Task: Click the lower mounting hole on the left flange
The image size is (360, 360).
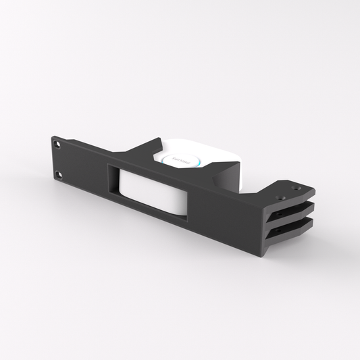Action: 58,174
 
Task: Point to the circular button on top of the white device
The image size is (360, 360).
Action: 179,159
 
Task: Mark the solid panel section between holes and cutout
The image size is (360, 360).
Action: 84,169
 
